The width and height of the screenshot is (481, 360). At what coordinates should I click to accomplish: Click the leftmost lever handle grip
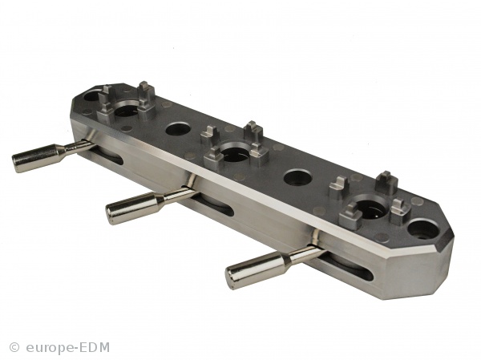(x=36, y=157)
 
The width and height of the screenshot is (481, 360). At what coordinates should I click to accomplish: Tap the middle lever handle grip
(x=131, y=207)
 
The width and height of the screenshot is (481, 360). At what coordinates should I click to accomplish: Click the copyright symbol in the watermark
(x=14, y=347)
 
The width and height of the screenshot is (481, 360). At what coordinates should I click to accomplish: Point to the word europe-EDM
(x=68, y=348)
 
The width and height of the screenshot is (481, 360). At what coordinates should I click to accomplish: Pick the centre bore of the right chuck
(x=370, y=209)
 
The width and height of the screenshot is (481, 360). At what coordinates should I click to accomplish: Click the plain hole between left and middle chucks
(x=178, y=129)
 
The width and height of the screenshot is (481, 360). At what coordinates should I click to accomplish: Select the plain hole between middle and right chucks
(x=298, y=177)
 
